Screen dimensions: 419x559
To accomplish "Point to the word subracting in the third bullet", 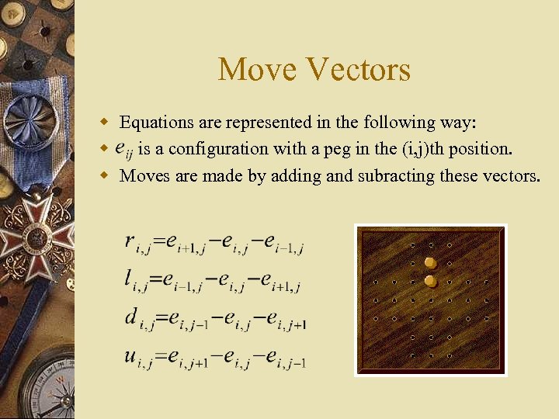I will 396,176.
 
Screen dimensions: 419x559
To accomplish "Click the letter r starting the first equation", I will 130,241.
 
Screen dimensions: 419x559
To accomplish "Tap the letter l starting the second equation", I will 128,278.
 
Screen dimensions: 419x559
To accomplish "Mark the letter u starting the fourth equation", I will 130,355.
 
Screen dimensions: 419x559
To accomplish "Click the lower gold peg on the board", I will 429,281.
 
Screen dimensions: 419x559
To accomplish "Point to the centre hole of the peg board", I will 430,300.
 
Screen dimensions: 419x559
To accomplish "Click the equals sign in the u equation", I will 160,356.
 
